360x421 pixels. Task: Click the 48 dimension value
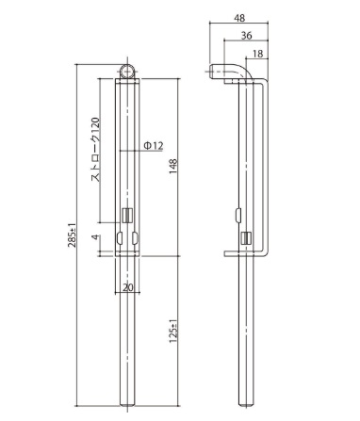(x=239, y=18)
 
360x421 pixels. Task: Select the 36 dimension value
(x=247, y=36)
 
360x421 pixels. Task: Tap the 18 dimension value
(x=257, y=54)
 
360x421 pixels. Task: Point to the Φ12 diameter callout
(x=154, y=146)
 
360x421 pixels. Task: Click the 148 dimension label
(x=173, y=167)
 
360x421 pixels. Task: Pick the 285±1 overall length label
(x=72, y=235)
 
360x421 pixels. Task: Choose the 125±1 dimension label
(x=173, y=332)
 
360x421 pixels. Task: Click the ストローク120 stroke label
(x=95, y=150)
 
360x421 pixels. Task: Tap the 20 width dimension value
(x=128, y=287)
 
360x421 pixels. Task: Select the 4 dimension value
(x=96, y=237)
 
